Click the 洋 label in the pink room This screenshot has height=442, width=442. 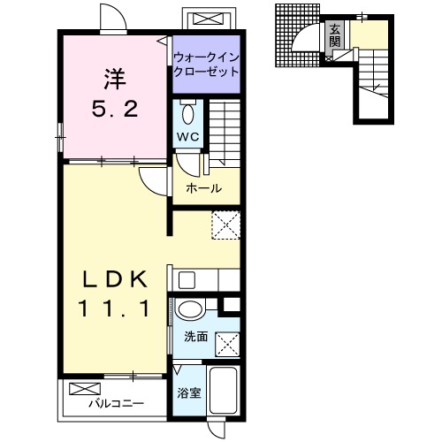click(x=115, y=79)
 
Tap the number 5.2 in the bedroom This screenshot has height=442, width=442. click(x=115, y=109)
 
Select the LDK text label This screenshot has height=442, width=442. click(x=115, y=279)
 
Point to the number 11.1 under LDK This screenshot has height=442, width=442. click(x=115, y=309)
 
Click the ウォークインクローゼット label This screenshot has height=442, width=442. click(x=206, y=65)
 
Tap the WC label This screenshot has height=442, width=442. click(x=188, y=137)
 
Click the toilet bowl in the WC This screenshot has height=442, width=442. click(x=187, y=113)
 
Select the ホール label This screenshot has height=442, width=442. click(x=204, y=188)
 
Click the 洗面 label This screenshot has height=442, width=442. click(x=196, y=337)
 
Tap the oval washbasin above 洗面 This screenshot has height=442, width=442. click(x=190, y=309)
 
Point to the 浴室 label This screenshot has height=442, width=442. click(x=189, y=392)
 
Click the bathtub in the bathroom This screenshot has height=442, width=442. click(x=224, y=390)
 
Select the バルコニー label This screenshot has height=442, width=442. click(x=117, y=403)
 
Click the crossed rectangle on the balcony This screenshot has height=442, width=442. click(x=85, y=389)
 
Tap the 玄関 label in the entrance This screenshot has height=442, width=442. click(x=335, y=36)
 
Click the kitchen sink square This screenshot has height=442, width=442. click(x=187, y=280)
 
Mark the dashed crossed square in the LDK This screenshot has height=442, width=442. click(x=226, y=225)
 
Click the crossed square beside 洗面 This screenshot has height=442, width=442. click(x=227, y=345)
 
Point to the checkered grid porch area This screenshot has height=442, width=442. click(x=298, y=35)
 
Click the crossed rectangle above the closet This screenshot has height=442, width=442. click(x=209, y=19)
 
